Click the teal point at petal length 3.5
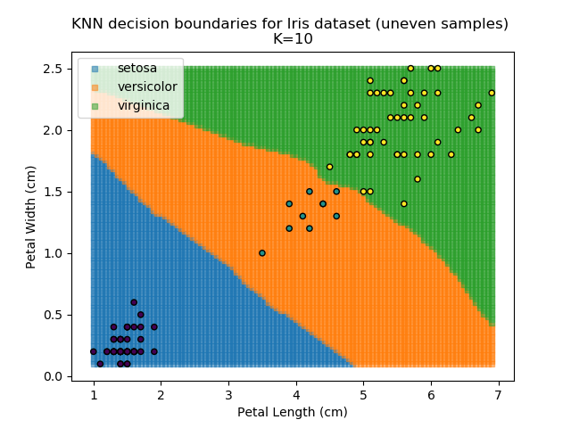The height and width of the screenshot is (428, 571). pyautogui.click(x=262, y=253)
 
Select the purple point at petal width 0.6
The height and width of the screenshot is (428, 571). pyautogui.click(x=134, y=302)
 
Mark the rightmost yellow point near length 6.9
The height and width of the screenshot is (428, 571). pyautogui.click(x=492, y=93)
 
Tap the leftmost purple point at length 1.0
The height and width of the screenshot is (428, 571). pyautogui.click(x=94, y=351)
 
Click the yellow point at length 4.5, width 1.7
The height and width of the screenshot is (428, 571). pyautogui.click(x=329, y=167)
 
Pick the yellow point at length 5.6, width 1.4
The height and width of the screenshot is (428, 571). pyautogui.click(x=403, y=204)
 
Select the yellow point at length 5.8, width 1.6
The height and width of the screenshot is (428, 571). pyautogui.click(x=417, y=179)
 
